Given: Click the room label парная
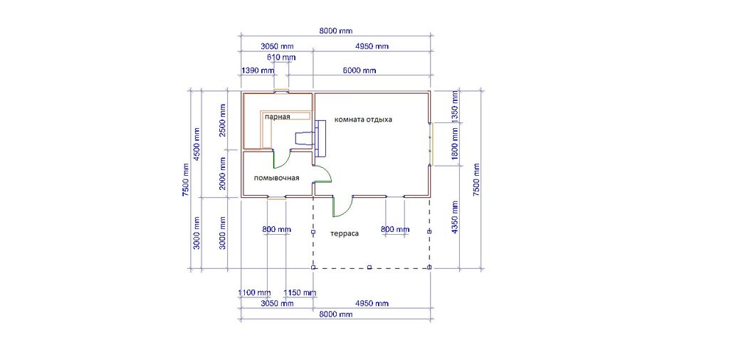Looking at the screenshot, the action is coord(278,117).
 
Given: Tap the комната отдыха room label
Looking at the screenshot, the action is coord(364,120).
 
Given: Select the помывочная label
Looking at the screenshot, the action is coord(276,178).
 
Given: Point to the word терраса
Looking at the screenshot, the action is coord(345,233).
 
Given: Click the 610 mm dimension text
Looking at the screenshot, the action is coord(281,57).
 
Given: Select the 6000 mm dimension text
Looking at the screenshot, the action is coord(360,70).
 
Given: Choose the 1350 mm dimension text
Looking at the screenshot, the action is coord(455,107).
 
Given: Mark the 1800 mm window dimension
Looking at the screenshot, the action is coord(455,144).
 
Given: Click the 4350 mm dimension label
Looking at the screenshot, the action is coord(455,217).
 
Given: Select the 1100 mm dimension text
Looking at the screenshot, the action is coord(254,292).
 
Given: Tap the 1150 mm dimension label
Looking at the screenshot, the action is coord(300,292).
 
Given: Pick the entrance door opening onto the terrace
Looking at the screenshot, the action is coord(342,207).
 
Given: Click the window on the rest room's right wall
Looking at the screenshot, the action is coord(431,144).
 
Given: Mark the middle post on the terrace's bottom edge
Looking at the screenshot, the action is coord(369,267).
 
